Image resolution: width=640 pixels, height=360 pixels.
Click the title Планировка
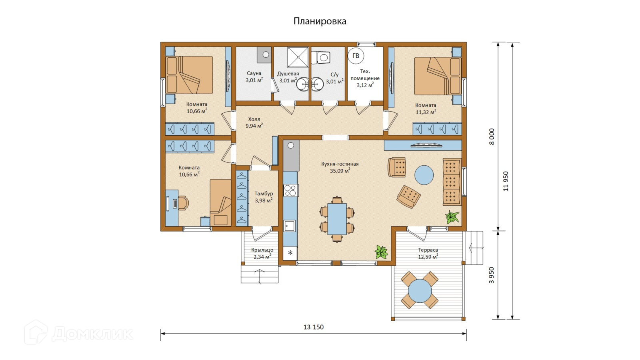320,22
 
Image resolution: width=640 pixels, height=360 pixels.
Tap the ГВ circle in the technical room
356,56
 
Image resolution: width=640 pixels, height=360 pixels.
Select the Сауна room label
254,74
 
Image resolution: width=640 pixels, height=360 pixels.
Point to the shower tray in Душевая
298,57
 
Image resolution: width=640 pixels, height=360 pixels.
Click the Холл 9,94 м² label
254,122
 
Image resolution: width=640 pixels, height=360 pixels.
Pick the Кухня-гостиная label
340,164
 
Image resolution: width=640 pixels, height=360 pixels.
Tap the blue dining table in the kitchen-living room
337,219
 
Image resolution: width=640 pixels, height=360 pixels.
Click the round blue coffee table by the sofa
424,175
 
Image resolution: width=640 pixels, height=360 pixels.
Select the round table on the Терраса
420,291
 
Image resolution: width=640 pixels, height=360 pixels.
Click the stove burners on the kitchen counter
291,190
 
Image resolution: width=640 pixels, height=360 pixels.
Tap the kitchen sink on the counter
290,226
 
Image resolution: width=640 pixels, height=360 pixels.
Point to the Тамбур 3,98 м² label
264,197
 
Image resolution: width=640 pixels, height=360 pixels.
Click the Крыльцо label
262,250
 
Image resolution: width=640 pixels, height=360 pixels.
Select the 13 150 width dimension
314,327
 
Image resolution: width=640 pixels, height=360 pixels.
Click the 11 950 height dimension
506,181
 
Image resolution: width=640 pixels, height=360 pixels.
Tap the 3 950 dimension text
492,275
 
